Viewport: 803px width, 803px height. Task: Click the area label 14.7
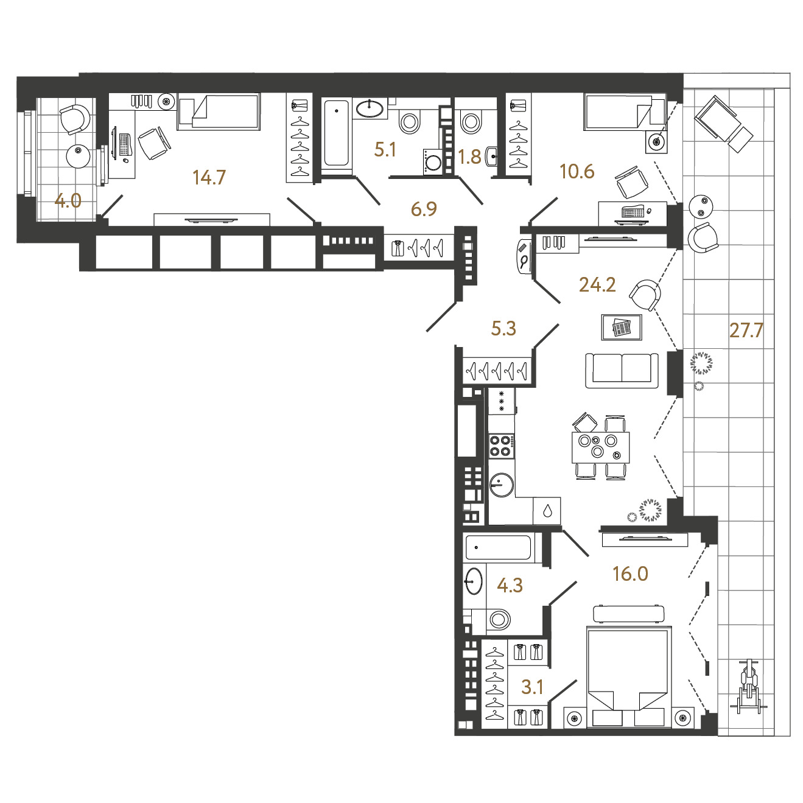209,178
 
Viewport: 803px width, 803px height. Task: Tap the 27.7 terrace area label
746,330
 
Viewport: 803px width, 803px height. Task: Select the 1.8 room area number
469,157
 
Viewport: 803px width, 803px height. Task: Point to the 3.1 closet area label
532,687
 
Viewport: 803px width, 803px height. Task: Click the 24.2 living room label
597,285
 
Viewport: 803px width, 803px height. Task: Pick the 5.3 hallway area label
504,328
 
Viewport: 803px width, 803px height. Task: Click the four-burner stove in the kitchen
501,446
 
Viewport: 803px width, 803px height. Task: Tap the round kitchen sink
501,485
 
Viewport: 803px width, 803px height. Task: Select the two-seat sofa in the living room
622,371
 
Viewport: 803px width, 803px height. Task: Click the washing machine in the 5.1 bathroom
432,162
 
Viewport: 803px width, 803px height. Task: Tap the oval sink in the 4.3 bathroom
474,581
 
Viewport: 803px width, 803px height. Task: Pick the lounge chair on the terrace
724,124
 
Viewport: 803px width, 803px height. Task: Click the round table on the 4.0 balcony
79,156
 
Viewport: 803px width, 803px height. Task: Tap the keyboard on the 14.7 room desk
125,144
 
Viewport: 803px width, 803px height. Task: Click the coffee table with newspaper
622,327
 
